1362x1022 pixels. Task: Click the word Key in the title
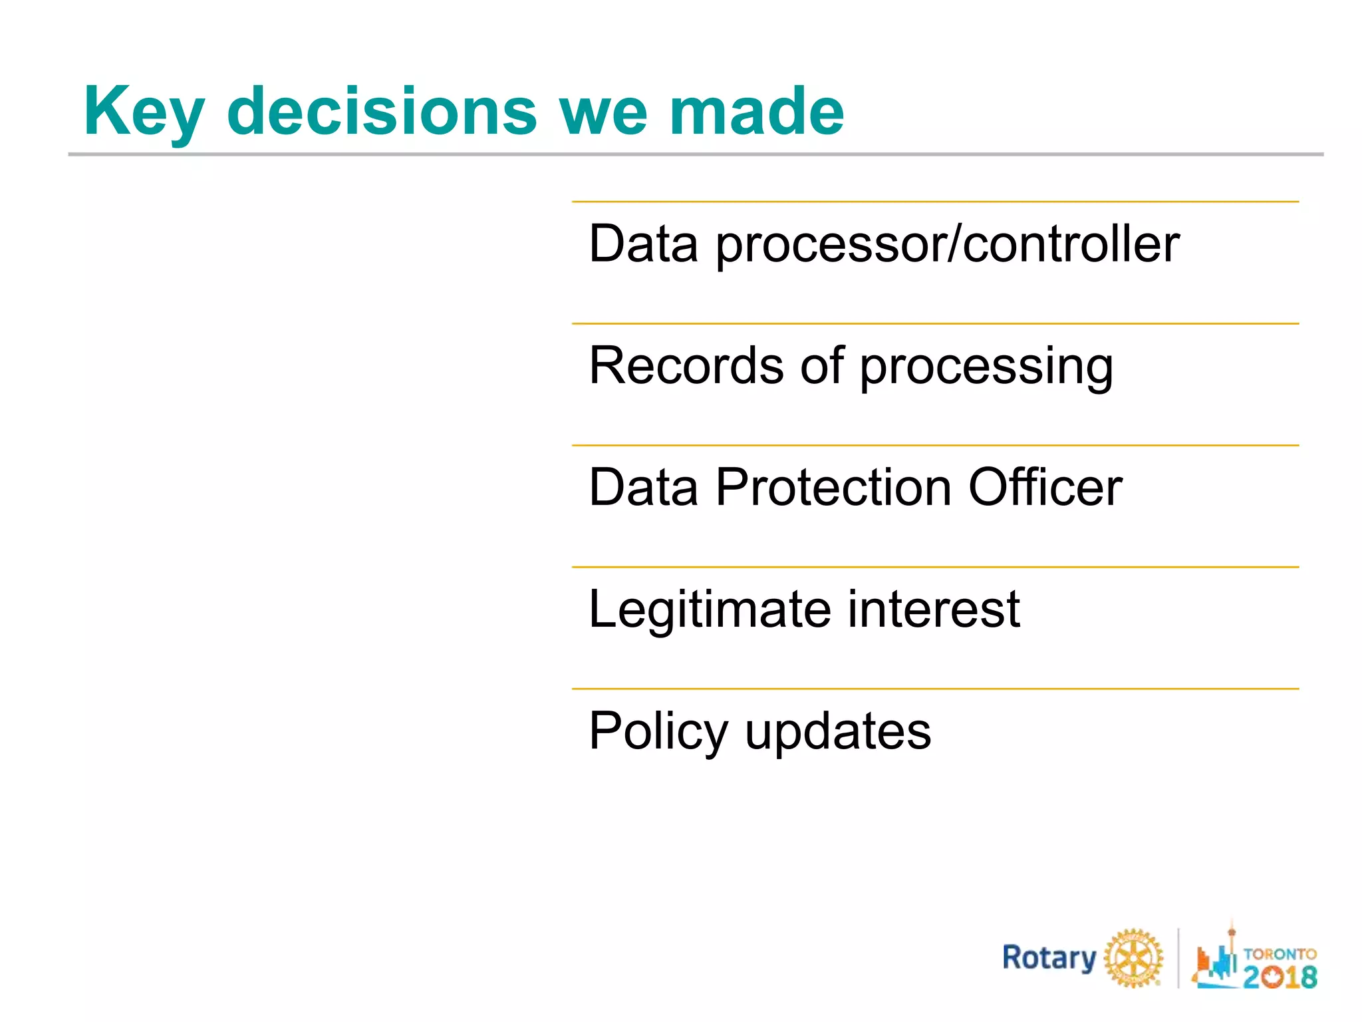click(144, 112)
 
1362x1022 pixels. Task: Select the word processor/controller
click(947, 245)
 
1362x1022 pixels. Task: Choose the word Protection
click(834, 487)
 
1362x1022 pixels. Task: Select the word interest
click(934, 609)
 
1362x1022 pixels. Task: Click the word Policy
click(658, 732)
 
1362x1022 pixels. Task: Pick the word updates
click(838, 732)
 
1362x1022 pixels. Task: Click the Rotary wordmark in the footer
click(1049, 958)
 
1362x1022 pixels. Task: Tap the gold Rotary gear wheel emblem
click(1133, 959)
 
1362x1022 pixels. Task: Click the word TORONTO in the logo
click(1280, 953)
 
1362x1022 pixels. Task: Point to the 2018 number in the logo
click(1280, 977)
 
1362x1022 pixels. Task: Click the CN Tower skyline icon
click(1216, 958)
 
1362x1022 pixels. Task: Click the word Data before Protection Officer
click(643, 487)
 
